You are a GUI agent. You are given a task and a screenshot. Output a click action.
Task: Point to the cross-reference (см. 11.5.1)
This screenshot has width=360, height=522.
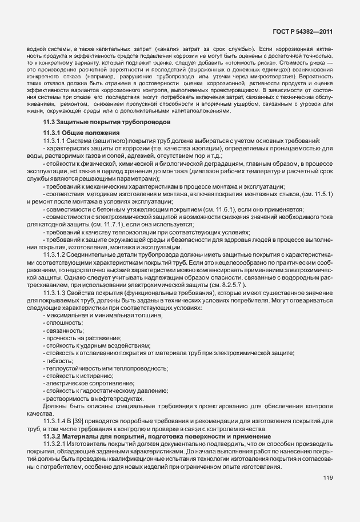pyautogui.click(x=316, y=195)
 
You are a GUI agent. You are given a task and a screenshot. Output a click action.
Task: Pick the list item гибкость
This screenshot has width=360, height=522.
pyautogui.click(x=59, y=361)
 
